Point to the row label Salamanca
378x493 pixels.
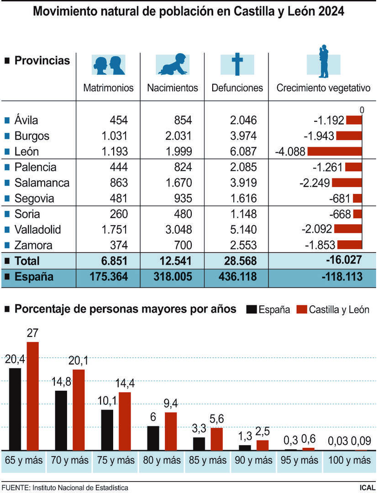(x=42, y=183)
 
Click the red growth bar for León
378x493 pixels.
(x=335, y=152)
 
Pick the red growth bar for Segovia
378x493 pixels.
(x=357, y=199)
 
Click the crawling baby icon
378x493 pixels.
(x=173, y=64)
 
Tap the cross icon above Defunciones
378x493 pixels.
(x=237, y=64)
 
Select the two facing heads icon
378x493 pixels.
(x=108, y=64)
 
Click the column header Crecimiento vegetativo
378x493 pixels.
(x=323, y=88)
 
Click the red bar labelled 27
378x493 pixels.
(x=32, y=396)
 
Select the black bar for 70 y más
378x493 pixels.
(x=61, y=420)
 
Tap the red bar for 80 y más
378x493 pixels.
(x=171, y=431)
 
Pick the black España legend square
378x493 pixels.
(x=252, y=309)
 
